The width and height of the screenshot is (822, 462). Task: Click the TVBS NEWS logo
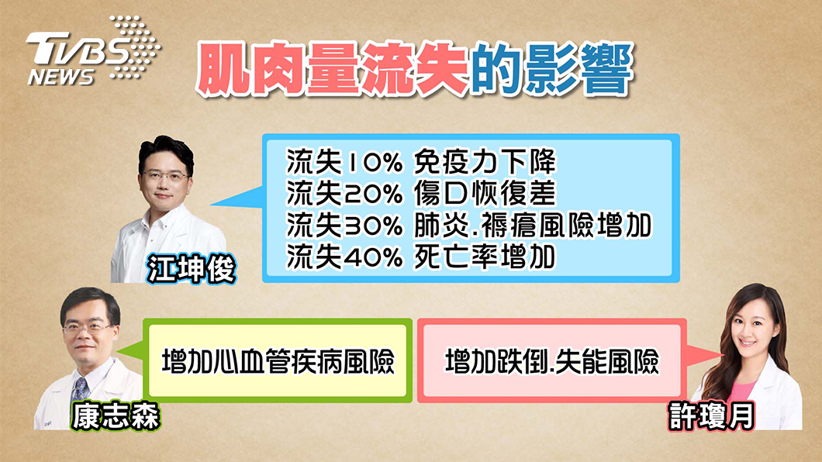pyautogui.click(x=93, y=51)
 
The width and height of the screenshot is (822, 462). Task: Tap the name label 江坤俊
pyautogui.click(x=191, y=269)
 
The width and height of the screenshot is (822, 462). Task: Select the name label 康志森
pyautogui.click(x=116, y=416)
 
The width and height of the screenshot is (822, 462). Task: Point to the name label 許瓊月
pyautogui.click(x=712, y=416)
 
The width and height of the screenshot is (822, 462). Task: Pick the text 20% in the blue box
pyautogui.click(x=373, y=194)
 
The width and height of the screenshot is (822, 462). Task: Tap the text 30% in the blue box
pyautogui.click(x=373, y=226)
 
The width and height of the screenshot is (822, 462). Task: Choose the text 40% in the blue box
pyautogui.click(x=373, y=257)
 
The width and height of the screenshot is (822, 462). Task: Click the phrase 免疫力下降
pyautogui.click(x=485, y=162)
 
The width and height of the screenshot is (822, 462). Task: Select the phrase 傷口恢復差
pyautogui.click(x=485, y=194)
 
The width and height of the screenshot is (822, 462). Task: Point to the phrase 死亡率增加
pyautogui.click(x=485, y=257)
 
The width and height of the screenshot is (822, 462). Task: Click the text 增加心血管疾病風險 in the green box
pyautogui.click(x=278, y=361)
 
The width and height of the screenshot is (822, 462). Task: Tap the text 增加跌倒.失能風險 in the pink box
pyautogui.click(x=552, y=361)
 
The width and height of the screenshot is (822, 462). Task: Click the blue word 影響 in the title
pyautogui.click(x=579, y=70)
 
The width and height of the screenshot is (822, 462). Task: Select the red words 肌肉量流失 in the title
pyautogui.click(x=332, y=70)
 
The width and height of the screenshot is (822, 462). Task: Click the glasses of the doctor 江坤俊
pyautogui.click(x=164, y=175)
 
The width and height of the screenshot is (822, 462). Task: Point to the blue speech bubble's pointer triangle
pyautogui.click(x=239, y=198)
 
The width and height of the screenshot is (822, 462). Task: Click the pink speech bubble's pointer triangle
pyautogui.click(x=703, y=357)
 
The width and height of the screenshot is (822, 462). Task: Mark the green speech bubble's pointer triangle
pyautogui.click(x=132, y=351)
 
